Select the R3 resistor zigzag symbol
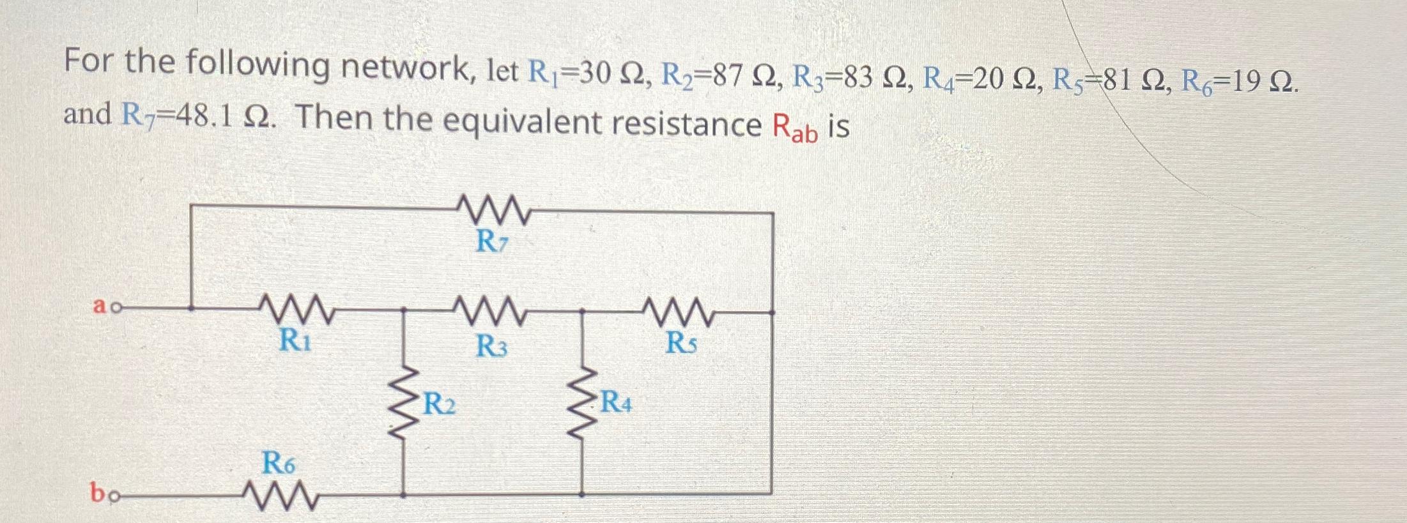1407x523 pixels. click(x=491, y=312)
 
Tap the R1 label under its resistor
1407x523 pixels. click(x=295, y=340)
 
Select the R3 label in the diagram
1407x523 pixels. click(x=492, y=347)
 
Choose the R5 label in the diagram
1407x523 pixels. click(x=682, y=344)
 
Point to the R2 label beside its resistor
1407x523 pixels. click(x=440, y=405)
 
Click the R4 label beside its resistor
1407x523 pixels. click(x=616, y=403)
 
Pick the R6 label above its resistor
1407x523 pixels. click(x=279, y=463)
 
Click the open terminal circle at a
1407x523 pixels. click(x=115, y=308)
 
